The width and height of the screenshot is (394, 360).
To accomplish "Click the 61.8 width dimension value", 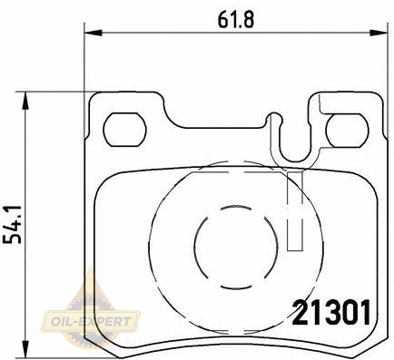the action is (x=236, y=20).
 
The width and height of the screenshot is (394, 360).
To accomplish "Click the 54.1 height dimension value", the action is (x=12, y=225).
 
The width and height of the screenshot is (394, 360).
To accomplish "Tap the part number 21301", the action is (x=331, y=313).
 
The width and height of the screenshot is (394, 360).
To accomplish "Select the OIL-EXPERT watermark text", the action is (x=91, y=321).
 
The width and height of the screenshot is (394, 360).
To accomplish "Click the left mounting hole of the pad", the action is (x=124, y=130).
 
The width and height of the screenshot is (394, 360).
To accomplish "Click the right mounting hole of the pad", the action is (x=348, y=131).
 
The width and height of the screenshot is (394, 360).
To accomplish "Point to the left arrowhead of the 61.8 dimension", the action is (x=94, y=33).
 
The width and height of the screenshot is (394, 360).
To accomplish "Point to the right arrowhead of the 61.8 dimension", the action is (x=379, y=33).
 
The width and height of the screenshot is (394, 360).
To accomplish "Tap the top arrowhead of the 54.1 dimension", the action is (x=25, y=101).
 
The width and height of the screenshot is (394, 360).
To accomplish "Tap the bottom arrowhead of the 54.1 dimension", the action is (x=25, y=348).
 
